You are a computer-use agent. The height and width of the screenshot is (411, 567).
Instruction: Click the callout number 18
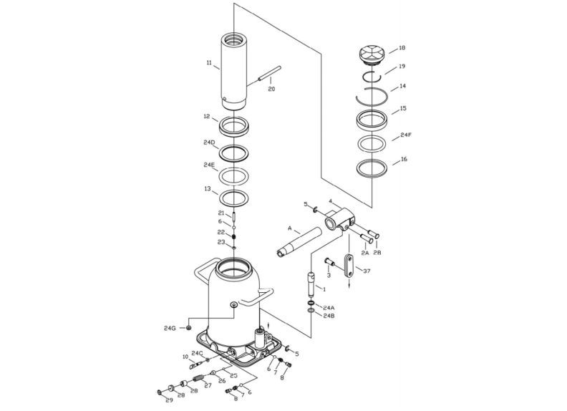pos(402,48)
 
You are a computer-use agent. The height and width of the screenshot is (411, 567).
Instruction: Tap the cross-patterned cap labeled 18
pos(372,54)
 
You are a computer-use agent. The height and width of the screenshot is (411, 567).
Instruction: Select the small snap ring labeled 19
pos(372,77)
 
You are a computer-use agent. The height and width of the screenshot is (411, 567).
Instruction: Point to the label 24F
pos(406,135)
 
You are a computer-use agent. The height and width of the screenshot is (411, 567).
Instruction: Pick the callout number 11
pos(209,62)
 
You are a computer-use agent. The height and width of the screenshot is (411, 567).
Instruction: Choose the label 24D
pos(209,142)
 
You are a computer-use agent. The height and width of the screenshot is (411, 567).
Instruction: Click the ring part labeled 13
pos(234,198)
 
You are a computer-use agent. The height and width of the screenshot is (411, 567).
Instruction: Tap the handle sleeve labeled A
pos(299,243)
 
